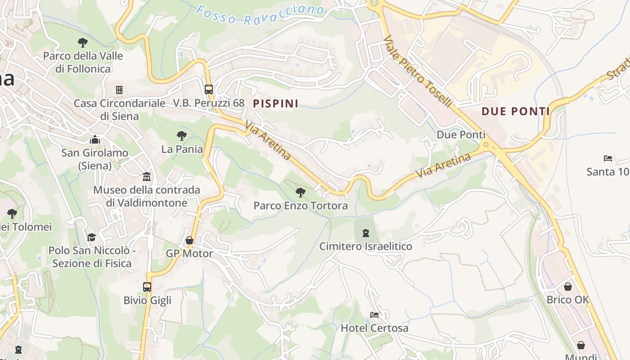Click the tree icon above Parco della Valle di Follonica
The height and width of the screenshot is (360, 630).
pyautogui.click(x=82, y=43)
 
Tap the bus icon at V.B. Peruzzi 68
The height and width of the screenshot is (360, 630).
pyautogui.click(x=208, y=89)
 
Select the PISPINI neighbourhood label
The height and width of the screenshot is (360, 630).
pyautogui.click(x=275, y=103)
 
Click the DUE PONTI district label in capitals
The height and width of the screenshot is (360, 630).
pyautogui.click(x=516, y=111)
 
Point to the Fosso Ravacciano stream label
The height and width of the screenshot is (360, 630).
pyautogui.click(x=260, y=15)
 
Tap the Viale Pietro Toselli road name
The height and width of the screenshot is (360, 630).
pyautogui.click(x=418, y=72)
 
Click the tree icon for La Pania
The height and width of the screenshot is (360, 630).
pyautogui.click(x=182, y=135)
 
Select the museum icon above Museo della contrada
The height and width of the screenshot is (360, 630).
pyautogui.click(x=147, y=176)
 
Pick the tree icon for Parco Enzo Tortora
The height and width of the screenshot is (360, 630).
pyautogui.click(x=300, y=193)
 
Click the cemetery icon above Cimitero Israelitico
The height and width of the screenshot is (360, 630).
pyautogui.click(x=366, y=233)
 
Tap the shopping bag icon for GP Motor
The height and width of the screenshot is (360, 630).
pyautogui.click(x=189, y=241)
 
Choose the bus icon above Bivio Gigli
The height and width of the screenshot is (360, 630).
pyautogui.click(x=147, y=287)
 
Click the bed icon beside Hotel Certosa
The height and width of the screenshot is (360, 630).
pyautogui.click(x=374, y=315)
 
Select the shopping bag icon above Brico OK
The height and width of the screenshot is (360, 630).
pyautogui.click(x=568, y=286)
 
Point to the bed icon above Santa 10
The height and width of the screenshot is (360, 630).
pyautogui.click(x=607, y=158)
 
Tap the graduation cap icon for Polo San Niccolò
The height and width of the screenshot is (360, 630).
pyautogui.click(x=92, y=237)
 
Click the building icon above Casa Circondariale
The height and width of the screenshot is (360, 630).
pyautogui.click(x=119, y=90)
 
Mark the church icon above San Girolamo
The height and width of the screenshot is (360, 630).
pyautogui.click(x=94, y=139)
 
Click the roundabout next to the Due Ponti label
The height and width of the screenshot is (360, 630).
pyautogui.click(x=485, y=145)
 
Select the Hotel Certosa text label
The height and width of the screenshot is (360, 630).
pyautogui.click(x=374, y=328)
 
